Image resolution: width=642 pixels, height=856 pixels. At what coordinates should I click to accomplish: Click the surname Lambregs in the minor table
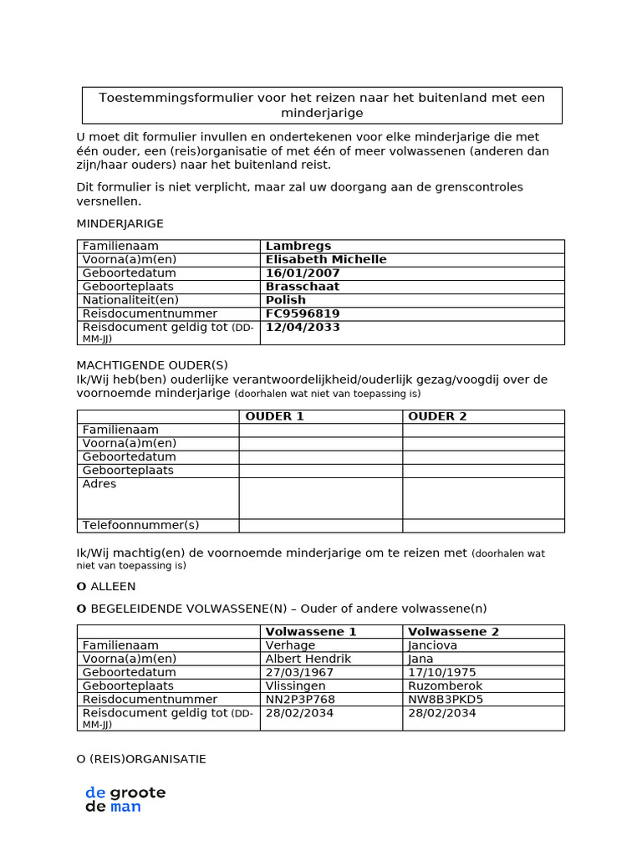(298, 246)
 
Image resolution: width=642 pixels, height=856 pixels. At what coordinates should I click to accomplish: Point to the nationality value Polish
(285, 299)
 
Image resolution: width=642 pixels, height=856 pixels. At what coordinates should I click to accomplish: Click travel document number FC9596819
(302, 313)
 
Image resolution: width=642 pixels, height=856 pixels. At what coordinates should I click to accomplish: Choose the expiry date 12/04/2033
(302, 327)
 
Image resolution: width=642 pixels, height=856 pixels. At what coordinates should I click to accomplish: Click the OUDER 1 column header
(274, 416)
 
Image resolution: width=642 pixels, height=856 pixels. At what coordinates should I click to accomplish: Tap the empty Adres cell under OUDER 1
(320, 497)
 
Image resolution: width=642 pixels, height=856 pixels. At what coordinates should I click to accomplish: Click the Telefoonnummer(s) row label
(140, 525)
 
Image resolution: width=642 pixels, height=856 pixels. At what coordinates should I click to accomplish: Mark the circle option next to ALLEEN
(81, 587)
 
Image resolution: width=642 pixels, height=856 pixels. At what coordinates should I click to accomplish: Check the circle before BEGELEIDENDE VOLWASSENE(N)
(81, 609)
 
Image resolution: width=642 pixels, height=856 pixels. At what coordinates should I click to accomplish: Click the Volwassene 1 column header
(310, 631)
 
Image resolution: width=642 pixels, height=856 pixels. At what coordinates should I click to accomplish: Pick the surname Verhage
(290, 645)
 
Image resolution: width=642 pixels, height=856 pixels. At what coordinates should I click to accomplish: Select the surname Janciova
(433, 645)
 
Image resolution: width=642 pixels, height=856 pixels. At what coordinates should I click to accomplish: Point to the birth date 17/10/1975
(441, 672)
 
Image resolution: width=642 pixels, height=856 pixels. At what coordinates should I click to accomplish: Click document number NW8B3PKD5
(446, 699)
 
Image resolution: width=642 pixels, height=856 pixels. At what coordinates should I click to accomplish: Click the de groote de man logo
(125, 799)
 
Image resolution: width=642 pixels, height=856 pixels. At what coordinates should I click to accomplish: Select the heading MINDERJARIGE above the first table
(120, 223)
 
